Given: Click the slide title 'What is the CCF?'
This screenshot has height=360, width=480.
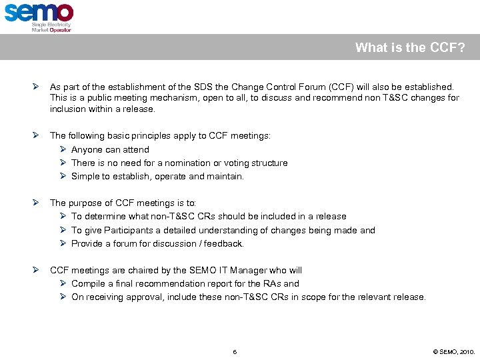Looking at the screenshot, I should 410,47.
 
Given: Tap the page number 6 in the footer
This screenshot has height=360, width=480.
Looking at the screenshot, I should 235,351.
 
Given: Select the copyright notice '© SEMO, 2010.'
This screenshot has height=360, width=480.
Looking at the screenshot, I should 454,351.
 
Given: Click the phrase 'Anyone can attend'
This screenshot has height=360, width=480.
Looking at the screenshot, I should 110,150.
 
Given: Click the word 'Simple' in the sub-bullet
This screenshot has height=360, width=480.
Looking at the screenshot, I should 85,177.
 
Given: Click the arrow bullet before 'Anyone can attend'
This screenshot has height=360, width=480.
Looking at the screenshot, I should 63,150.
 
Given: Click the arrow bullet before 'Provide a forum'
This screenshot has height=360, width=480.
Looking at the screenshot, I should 63,244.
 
